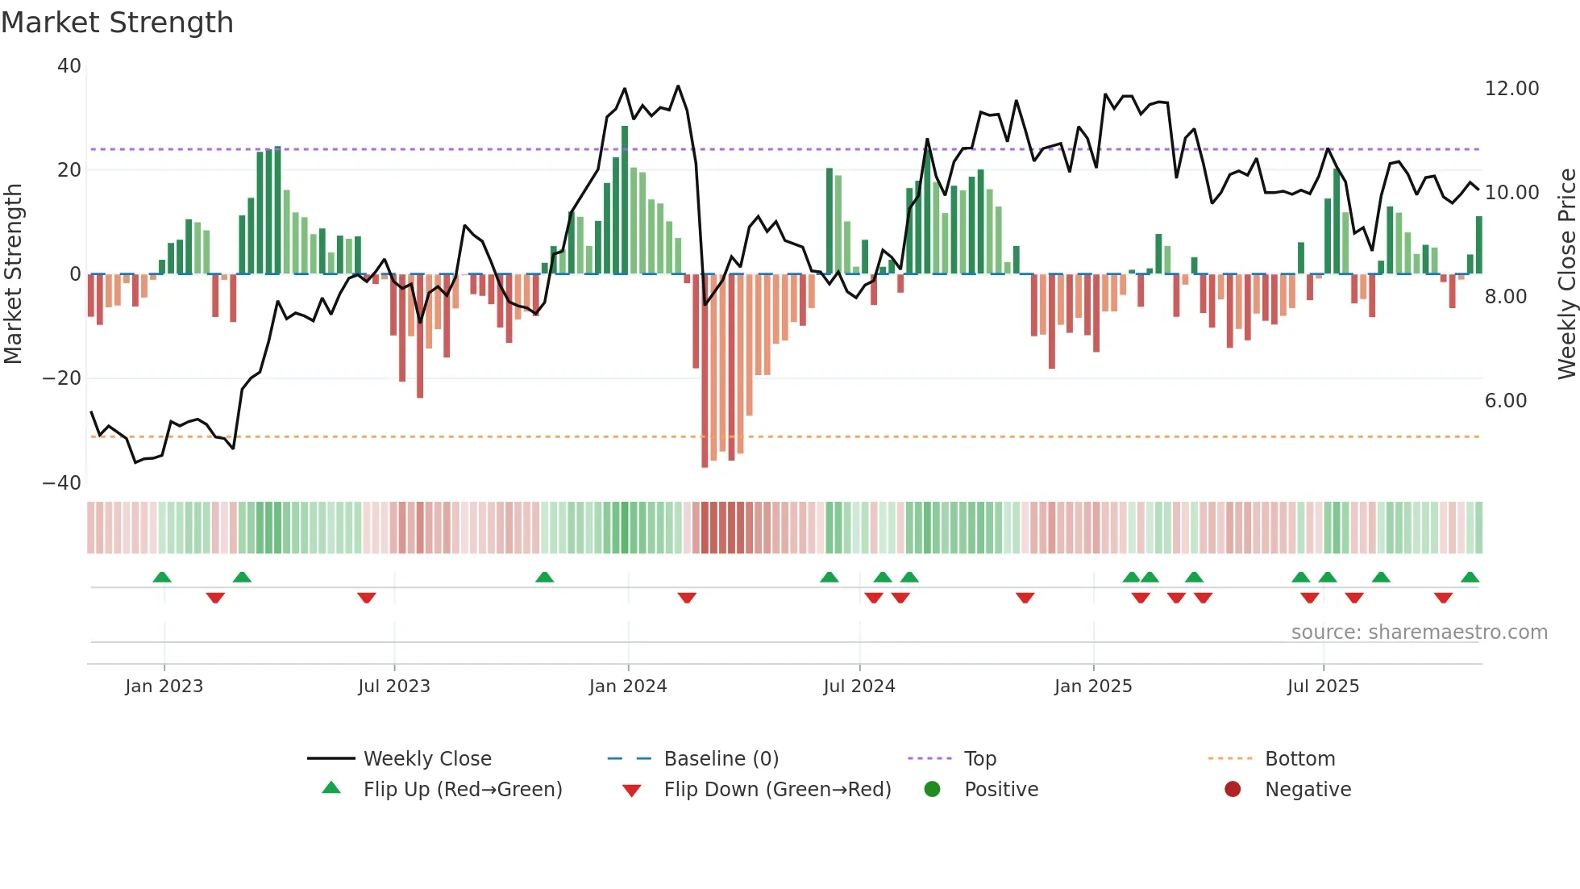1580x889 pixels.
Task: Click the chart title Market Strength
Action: (117, 23)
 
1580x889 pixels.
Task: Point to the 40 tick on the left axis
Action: (69, 66)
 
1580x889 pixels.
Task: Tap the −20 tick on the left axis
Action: (62, 378)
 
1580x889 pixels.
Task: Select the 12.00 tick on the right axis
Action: (1511, 89)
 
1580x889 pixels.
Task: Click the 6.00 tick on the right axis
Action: (1506, 401)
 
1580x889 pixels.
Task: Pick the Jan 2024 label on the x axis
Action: (628, 687)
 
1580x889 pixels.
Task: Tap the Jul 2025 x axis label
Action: (1323, 687)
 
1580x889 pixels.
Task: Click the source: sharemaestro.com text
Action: (1419, 632)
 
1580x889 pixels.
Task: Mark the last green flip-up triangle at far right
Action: (1470, 578)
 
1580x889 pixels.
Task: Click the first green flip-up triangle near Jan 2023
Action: (162, 578)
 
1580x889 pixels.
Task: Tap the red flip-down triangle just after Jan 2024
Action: (687, 598)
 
